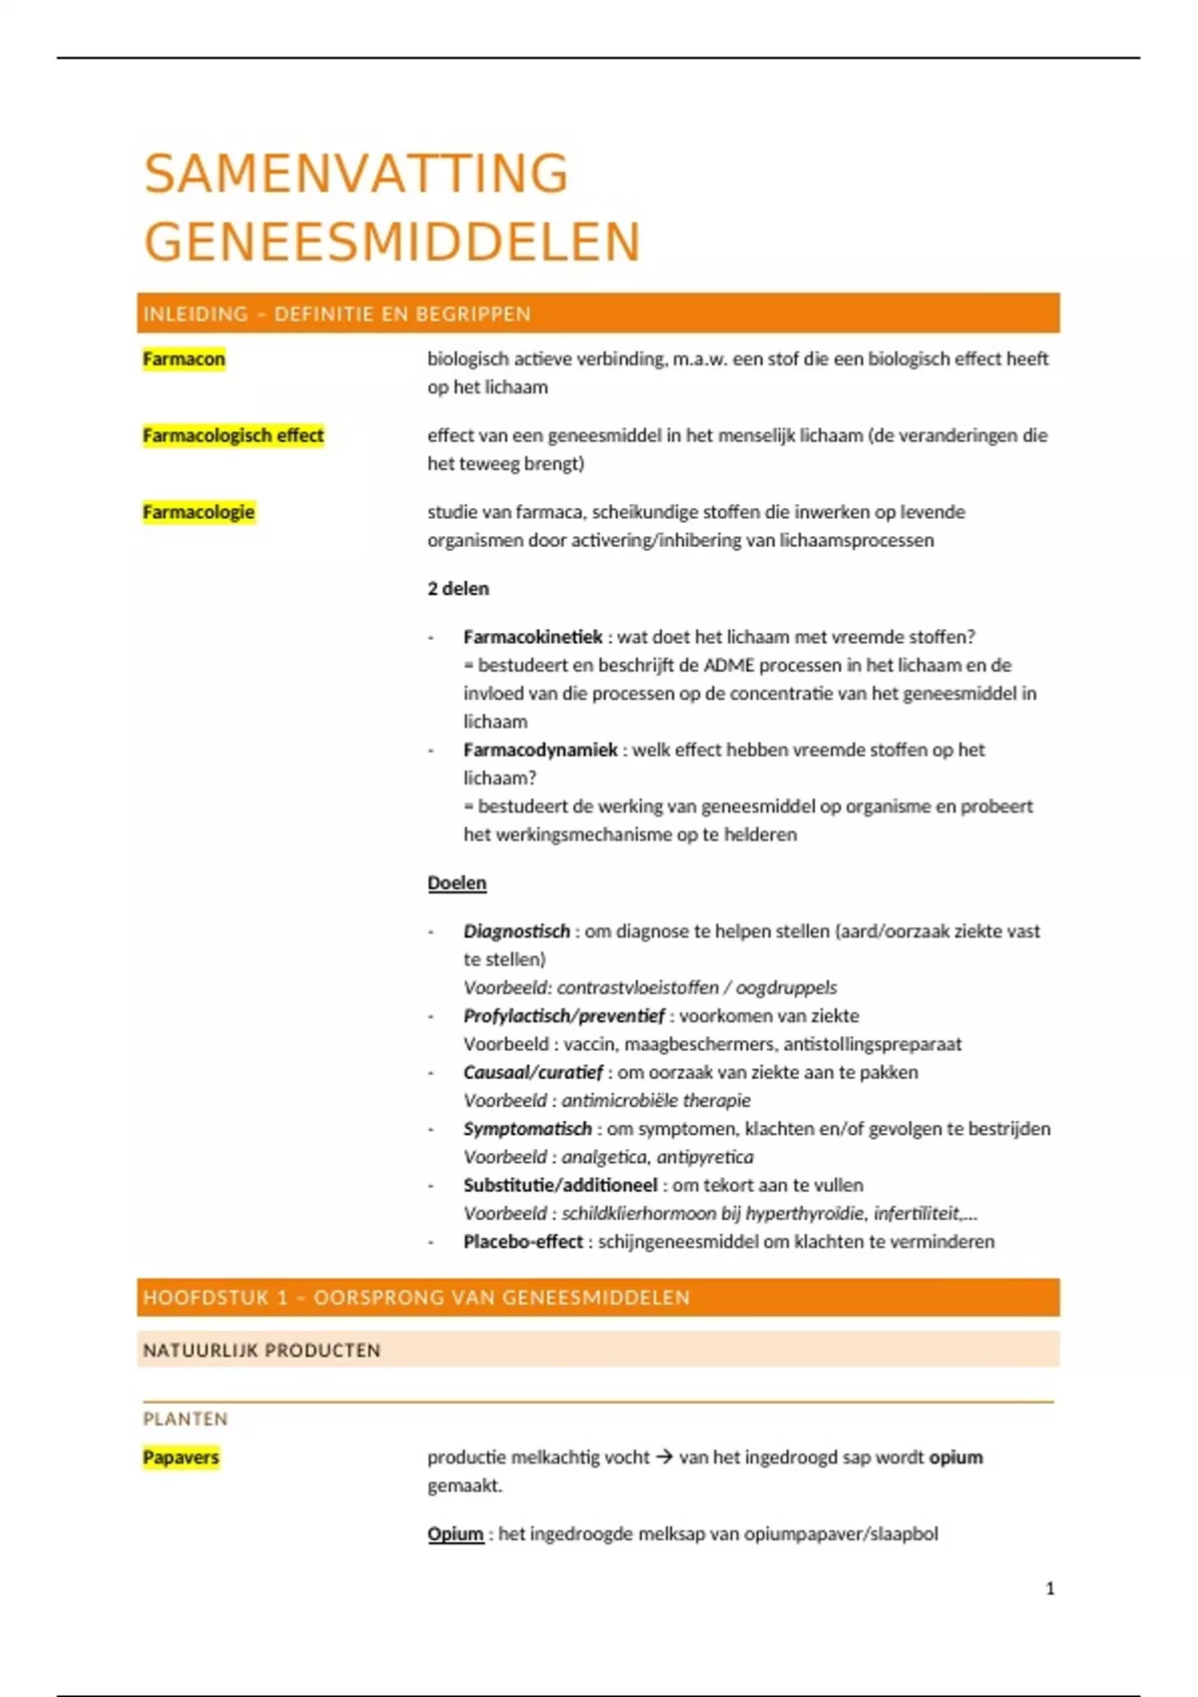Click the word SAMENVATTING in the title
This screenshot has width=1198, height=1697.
356,174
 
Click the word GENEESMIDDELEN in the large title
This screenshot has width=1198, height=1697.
391,243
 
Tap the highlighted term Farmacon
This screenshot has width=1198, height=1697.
184,359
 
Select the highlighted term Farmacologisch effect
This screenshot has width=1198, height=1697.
233,435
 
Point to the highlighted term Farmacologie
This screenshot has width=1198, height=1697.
199,512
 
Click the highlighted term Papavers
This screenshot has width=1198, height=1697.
181,1457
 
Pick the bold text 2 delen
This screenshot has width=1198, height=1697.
458,589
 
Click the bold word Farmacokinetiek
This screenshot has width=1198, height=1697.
532,637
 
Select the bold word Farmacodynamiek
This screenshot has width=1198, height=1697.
540,750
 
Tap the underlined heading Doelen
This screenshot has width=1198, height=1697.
457,883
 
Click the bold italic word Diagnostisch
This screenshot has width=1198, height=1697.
516,931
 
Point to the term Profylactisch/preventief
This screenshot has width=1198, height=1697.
563,1016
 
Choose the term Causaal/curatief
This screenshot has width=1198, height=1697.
533,1072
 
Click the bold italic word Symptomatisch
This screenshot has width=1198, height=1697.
527,1129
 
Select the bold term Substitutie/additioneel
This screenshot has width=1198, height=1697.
560,1185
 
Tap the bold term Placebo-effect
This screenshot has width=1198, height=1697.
523,1242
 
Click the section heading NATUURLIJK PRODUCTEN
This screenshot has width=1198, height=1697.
262,1351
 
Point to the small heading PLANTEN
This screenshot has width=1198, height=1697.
186,1419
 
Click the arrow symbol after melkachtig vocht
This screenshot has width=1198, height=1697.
664,1457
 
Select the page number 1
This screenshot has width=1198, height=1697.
1049,1588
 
